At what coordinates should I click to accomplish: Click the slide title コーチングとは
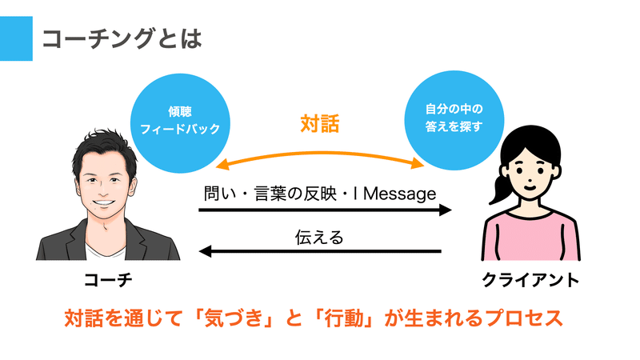(x=122, y=38)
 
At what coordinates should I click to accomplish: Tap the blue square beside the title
(x=16, y=38)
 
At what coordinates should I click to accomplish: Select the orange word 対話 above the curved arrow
(x=319, y=124)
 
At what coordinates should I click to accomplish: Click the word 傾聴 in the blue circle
(x=180, y=111)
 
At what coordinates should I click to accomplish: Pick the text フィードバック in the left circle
(x=180, y=129)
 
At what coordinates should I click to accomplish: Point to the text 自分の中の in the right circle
(x=454, y=109)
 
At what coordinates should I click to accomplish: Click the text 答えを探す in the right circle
(x=454, y=126)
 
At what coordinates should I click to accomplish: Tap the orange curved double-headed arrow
(x=319, y=154)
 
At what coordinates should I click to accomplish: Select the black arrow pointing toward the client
(x=325, y=210)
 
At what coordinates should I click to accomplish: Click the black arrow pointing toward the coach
(x=319, y=251)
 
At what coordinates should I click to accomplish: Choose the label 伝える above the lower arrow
(x=319, y=237)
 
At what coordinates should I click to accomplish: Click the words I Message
(x=394, y=194)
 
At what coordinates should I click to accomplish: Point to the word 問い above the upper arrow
(x=219, y=194)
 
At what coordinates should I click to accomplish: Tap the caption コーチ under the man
(x=108, y=280)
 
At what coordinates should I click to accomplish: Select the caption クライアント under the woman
(x=530, y=280)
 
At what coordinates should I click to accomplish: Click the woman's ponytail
(x=499, y=188)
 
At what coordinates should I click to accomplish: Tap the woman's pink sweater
(x=530, y=234)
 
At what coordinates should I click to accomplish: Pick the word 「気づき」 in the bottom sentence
(x=234, y=318)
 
